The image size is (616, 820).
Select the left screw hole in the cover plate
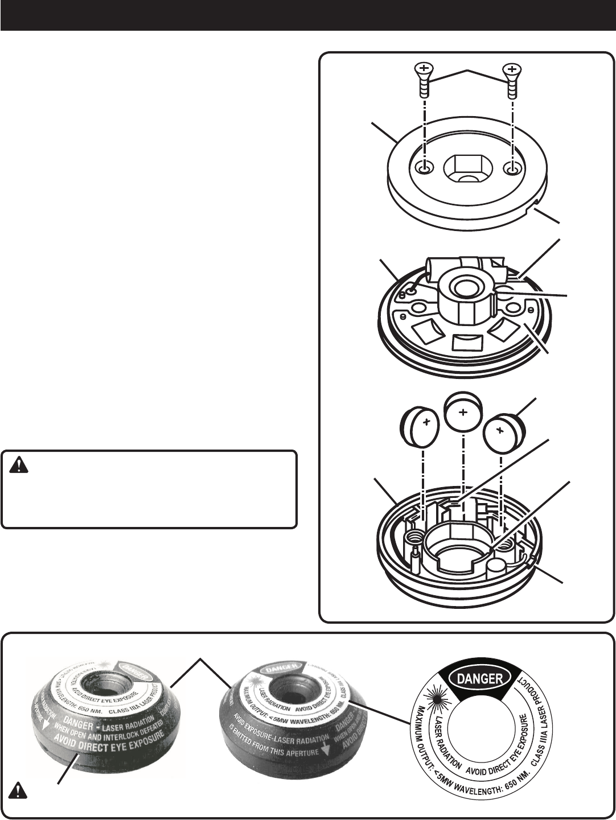click(424, 168)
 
